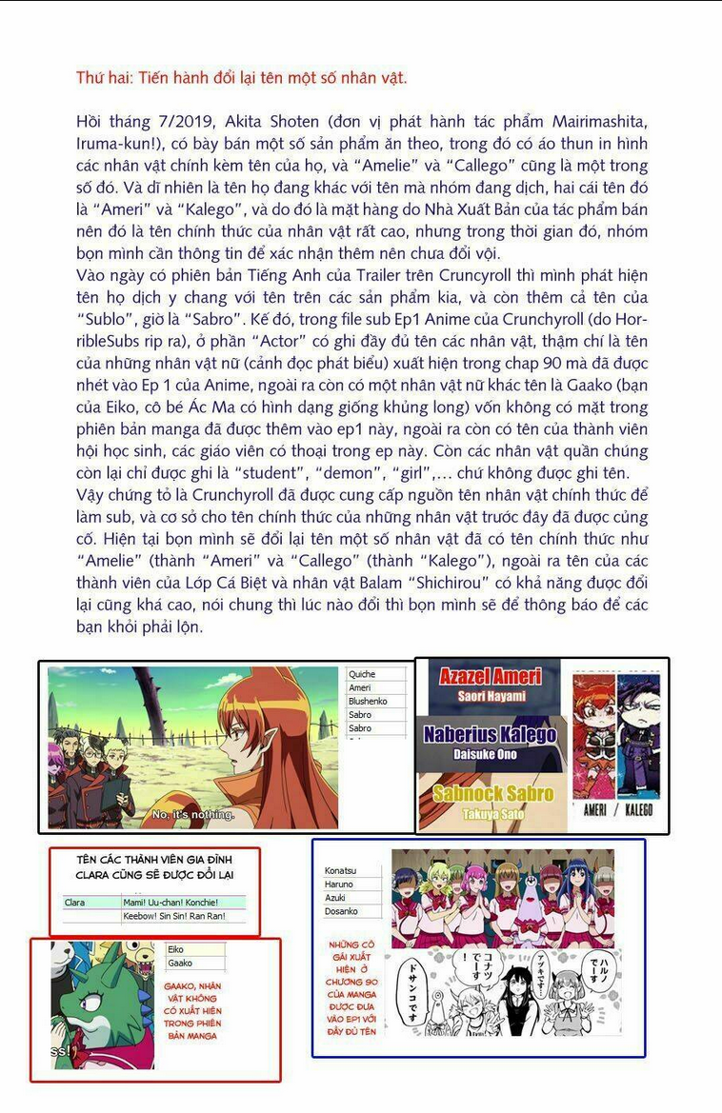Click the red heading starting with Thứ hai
[x=241, y=78]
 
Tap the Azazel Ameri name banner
[x=491, y=676]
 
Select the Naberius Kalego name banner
[x=490, y=734]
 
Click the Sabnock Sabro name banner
[x=492, y=793]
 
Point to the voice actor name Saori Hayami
[x=491, y=695]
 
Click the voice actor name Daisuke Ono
[x=486, y=754]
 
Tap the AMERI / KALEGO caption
[x=617, y=809]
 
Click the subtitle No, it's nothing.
[x=193, y=814]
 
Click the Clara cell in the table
[x=75, y=902]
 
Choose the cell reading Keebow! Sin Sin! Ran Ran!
[x=173, y=916]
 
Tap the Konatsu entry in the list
[x=340, y=871]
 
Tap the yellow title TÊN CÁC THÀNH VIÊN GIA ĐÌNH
[x=153, y=860]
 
